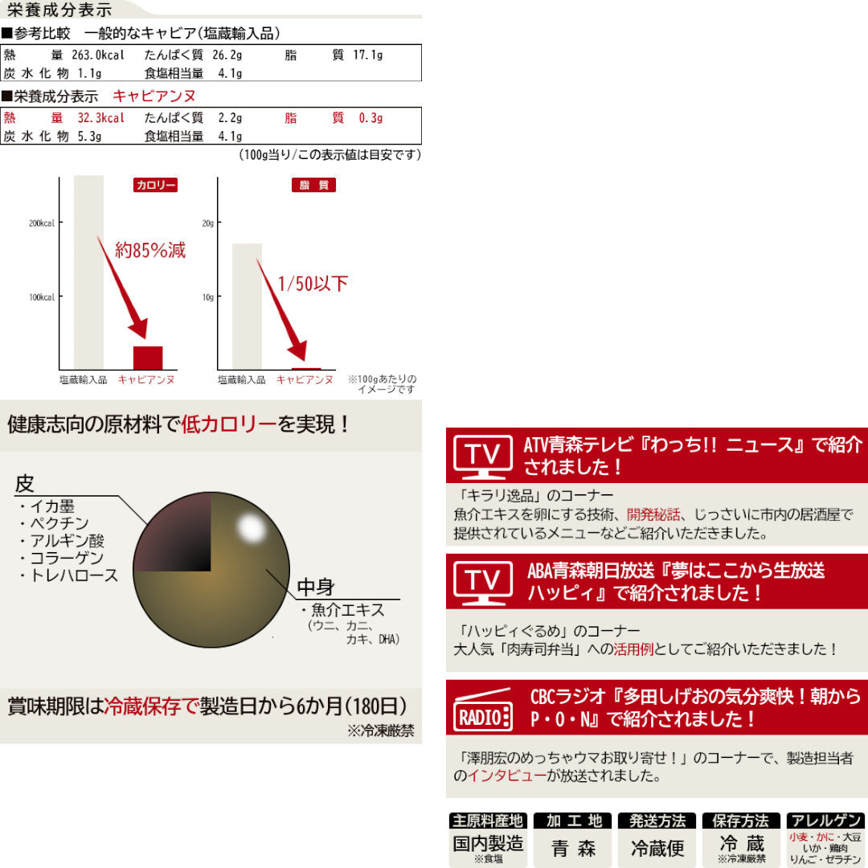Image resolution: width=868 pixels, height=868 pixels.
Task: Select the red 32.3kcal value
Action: (100, 118)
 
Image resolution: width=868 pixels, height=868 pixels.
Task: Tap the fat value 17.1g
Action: (367, 55)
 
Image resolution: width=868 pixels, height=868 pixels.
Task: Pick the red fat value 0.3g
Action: (371, 118)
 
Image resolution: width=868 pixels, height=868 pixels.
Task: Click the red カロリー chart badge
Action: (155, 185)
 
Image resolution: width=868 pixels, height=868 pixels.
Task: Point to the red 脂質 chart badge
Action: (313, 185)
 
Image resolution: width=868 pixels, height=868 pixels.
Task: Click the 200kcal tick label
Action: (42, 223)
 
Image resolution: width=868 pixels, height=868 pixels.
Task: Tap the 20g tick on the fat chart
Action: (207, 223)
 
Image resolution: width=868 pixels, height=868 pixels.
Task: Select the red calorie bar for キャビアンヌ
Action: (148, 358)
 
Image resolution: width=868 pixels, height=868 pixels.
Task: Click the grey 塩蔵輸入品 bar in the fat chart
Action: (247, 305)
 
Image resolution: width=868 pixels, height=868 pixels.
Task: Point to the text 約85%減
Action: (150, 250)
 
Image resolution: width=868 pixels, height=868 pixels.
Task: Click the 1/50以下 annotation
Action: (313, 284)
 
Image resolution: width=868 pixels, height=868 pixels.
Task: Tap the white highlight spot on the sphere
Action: (251, 527)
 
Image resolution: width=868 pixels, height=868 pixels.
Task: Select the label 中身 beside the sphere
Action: (316, 587)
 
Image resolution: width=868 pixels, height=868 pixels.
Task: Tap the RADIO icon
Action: (483, 708)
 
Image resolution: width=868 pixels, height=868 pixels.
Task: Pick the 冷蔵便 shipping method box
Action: (657, 848)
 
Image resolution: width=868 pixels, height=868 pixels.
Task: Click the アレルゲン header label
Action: (825, 821)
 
